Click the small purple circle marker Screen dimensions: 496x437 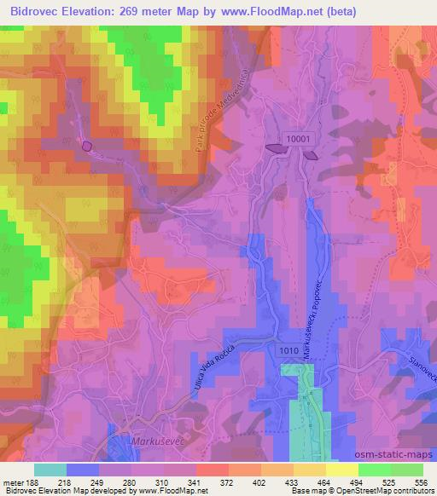(87, 147)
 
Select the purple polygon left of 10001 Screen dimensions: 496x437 (277, 149)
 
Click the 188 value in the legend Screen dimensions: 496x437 (33, 482)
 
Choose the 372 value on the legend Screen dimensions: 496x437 (227, 482)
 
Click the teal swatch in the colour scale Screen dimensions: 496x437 (50, 470)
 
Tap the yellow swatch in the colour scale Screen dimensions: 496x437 (341, 470)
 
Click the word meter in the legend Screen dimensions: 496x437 (12, 482)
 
